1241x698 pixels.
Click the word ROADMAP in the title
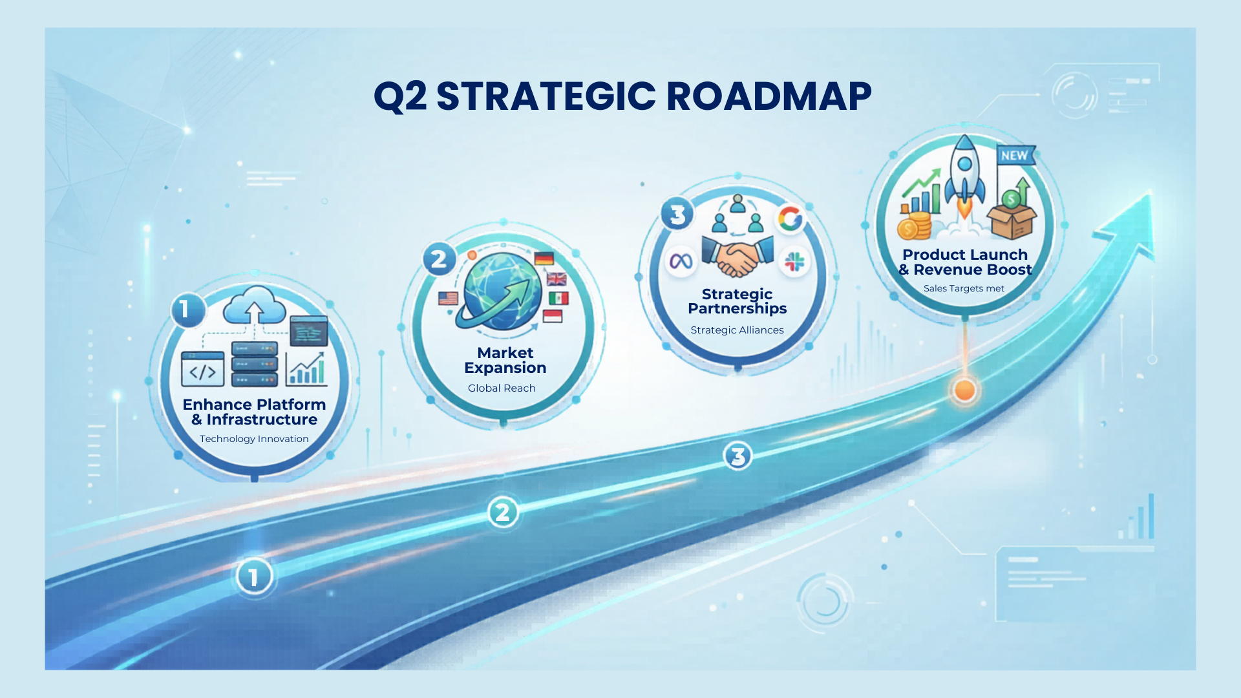[x=769, y=96]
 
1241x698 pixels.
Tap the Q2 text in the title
[x=400, y=97]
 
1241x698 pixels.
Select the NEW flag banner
[x=1015, y=155]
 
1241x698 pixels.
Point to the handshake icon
[x=737, y=257]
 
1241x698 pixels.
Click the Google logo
[x=790, y=218]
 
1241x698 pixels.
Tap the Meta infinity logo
[x=681, y=260]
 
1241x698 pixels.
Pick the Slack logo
[x=794, y=262]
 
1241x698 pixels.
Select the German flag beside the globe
[x=544, y=259]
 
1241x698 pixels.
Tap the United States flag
[x=448, y=298]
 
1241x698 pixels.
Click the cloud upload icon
[x=255, y=304]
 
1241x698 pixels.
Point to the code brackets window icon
[x=203, y=369]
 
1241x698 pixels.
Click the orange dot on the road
[x=964, y=390]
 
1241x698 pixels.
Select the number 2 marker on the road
[x=503, y=513]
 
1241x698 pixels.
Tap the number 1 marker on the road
[x=254, y=576]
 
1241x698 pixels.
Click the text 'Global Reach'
[x=502, y=388]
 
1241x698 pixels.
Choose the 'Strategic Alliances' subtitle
[x=737, y=330]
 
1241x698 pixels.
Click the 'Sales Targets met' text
[x=964, y=288]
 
